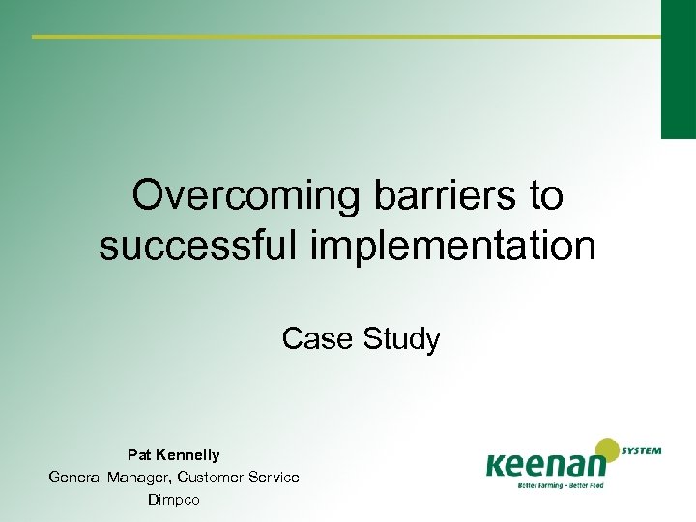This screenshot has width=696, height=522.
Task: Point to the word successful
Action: pyautogui.click(x=200, y=246)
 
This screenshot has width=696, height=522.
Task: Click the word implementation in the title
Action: pyautogui.click(x=454, y=246)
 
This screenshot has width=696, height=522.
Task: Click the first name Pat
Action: pyautogui.click(x=139, y=454)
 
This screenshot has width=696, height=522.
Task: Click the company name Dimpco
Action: pyautogui.click(x=174, y=499)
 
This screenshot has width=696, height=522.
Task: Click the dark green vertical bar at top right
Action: pyautogui.click(x=678, y=68)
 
